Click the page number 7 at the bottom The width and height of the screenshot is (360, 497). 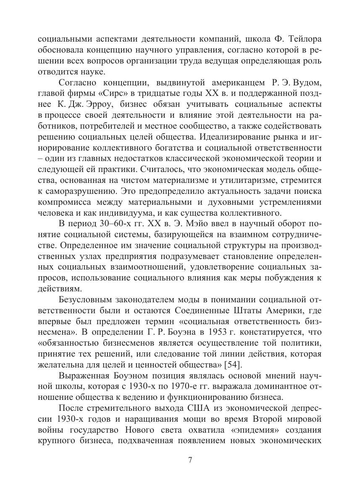[x=190, y=459]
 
